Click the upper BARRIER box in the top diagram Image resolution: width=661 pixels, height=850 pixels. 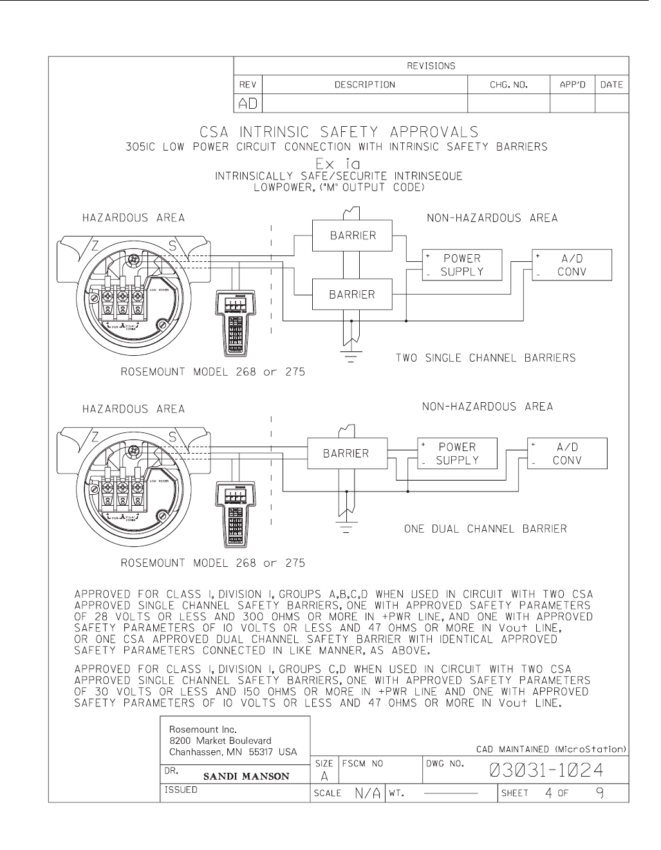tap(353, 235)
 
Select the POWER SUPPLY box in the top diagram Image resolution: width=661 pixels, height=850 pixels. tap(461, 265)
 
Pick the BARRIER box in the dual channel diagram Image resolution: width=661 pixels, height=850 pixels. tap(346, 453)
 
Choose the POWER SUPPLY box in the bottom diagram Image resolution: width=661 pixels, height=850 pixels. tap(457, 454)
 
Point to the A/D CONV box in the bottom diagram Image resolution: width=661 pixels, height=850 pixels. tap(567, 454)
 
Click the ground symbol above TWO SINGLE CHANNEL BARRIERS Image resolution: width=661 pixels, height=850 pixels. tap(351, 358)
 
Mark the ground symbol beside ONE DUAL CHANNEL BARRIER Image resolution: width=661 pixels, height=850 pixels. tap(346, 529)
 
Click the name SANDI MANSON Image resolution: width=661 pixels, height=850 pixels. tap(247, 776)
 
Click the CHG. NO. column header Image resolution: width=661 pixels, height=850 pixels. tap(508, 84)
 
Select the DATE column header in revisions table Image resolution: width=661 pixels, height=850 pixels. tap(611, 84)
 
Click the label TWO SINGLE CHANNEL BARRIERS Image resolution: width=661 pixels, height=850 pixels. tap(485, 358)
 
